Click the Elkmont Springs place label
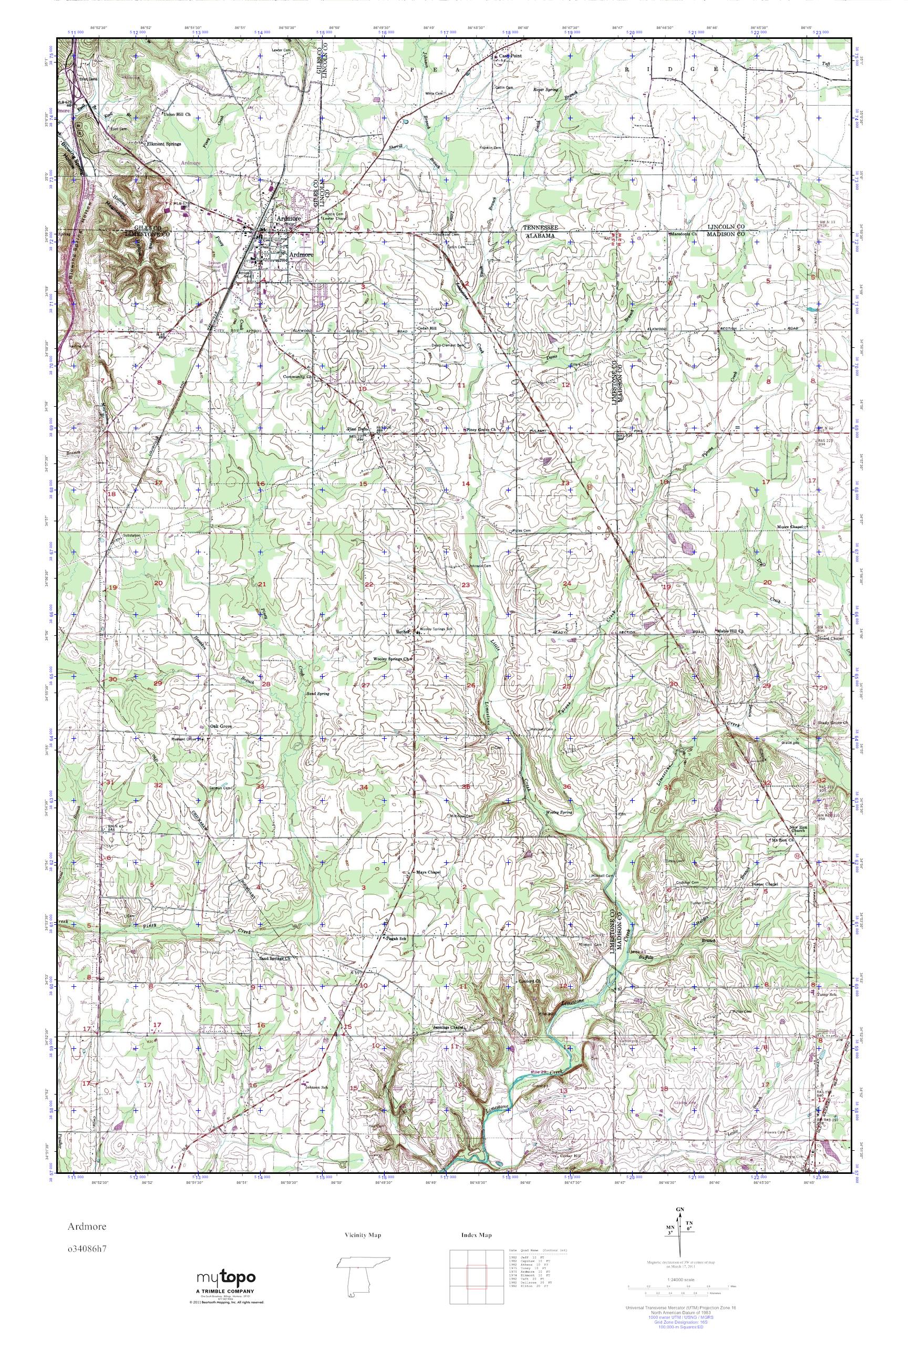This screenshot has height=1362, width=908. click(x=164, y=144)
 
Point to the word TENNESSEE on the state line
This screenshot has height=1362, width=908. click(x=541, y=228)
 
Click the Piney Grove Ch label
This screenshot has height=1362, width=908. click(x=481, y=430)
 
